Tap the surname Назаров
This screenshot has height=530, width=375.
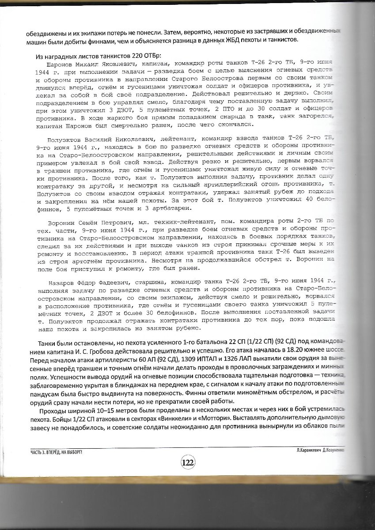click(x=61, y=280)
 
